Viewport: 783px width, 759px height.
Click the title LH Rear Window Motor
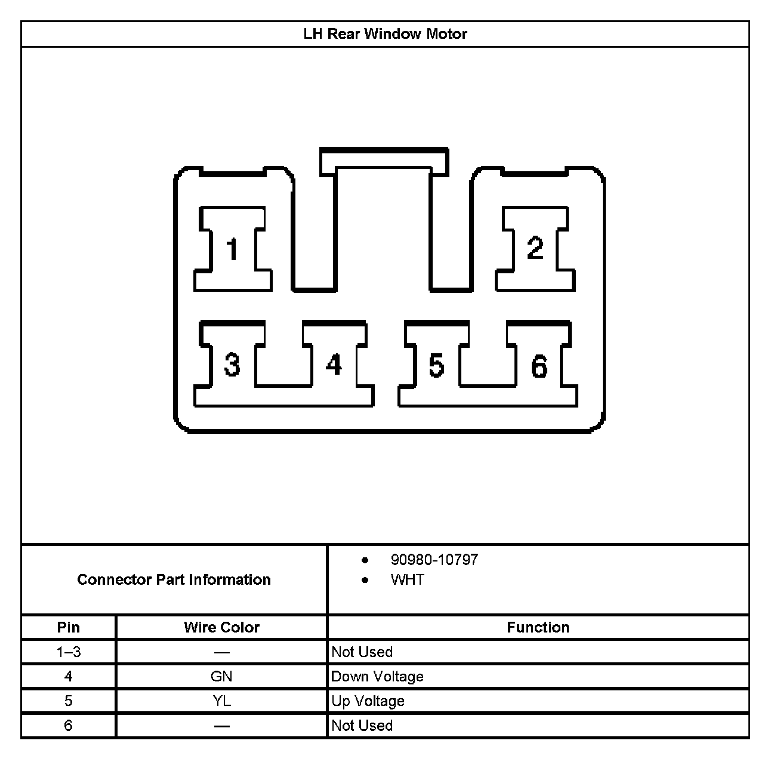(x=385, y=34)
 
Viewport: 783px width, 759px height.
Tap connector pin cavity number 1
(x=232, y=249)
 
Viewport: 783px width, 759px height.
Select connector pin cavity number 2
(x=535, y=248)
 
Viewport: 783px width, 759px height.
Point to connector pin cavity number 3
(x=232, y=365)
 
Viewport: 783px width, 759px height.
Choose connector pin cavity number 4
(x=334, y=365)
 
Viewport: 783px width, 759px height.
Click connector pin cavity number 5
(x=436, y=365)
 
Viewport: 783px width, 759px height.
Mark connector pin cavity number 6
(x=539, y=366)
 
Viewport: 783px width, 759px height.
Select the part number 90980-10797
(x=434, y=560)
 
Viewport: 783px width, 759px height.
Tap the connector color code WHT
(x=407, y=580)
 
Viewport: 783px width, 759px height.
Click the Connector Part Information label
(x=174, y=579)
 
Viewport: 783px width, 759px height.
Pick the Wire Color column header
(x=221, y=627)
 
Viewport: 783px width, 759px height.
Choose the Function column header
(x=538, y=627)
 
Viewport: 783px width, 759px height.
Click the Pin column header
(x=68, y=627)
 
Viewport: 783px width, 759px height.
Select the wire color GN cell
(x=221, y=677)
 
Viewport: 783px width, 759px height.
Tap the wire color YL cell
(x=221, y=701)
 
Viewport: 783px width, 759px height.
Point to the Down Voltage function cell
(x=377, y=677)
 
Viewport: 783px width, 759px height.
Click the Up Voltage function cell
(x=368, y=701)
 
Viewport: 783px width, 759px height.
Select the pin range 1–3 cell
(x=68, y=652)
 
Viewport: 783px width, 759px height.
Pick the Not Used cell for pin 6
(x=362, y=726)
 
